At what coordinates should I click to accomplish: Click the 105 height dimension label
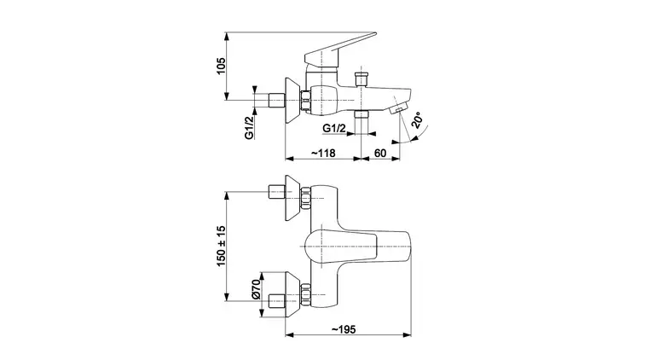[x=222, y=66]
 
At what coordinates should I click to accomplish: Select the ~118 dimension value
[x=323, y=153]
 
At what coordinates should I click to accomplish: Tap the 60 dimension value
[x=380, y=153]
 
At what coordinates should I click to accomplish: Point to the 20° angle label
[x=417, y=120]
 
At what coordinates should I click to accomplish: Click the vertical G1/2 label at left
[x=249, y=128]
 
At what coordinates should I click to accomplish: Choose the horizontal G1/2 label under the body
[x=334, y=128]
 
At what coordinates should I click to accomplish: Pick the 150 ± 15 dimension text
[x=222, y=246]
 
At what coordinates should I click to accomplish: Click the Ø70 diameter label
[x=256, y=289]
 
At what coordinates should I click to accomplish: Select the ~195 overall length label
[x=344, y=329]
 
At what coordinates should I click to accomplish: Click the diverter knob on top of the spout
[x=362, y=78]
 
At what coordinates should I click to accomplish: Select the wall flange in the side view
[x=292, y=101]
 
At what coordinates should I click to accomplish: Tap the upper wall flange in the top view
[x=292, y=199]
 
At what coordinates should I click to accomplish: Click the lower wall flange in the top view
[x=292, y=295]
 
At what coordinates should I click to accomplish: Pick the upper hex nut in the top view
[x=305, y=199]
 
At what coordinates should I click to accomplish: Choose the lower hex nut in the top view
[x=305, y=295]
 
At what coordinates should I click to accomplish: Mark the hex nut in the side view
[x=305, y=101]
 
